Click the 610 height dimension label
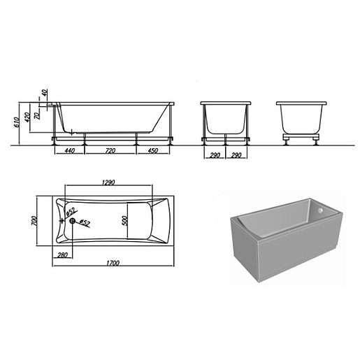pyautogui.click(x=16, y=122)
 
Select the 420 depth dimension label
pyautogui.click(x=27, y=117)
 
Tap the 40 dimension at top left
pyautogui.click(x=45, y=93)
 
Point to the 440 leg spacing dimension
pyautogui.click(x=69, y=151)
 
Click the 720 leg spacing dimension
pyautogui.click(x=110, y=151)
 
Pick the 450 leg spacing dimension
pyautogui.click(x=152, y=151)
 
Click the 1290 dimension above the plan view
pyautogui.click(x=108, y=182)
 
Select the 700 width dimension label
pyautogui.click(x=34, y=220)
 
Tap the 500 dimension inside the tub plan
pyautogui.click(x=125, y=220)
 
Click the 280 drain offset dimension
pyautogui.click(x=62, y=255)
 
